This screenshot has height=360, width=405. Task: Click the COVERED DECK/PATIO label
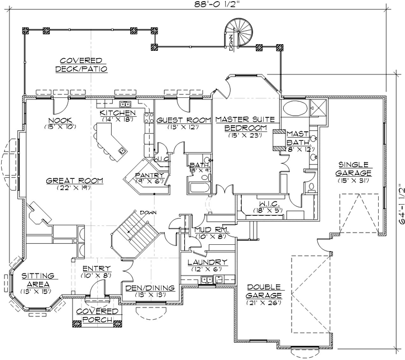coord(81,64)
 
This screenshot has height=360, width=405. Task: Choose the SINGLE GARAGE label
coord(354,169)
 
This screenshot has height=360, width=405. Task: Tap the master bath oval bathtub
coord(295,108)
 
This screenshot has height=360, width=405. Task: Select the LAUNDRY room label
coord(207,262)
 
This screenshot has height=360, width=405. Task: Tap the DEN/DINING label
coord(149,288)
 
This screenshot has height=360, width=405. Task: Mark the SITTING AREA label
coord(38,280)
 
